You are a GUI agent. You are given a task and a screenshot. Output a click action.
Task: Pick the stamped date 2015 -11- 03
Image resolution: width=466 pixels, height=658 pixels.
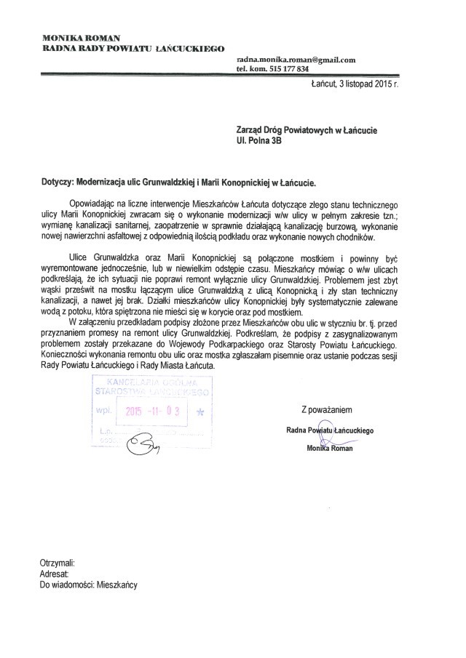coord(157,412)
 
